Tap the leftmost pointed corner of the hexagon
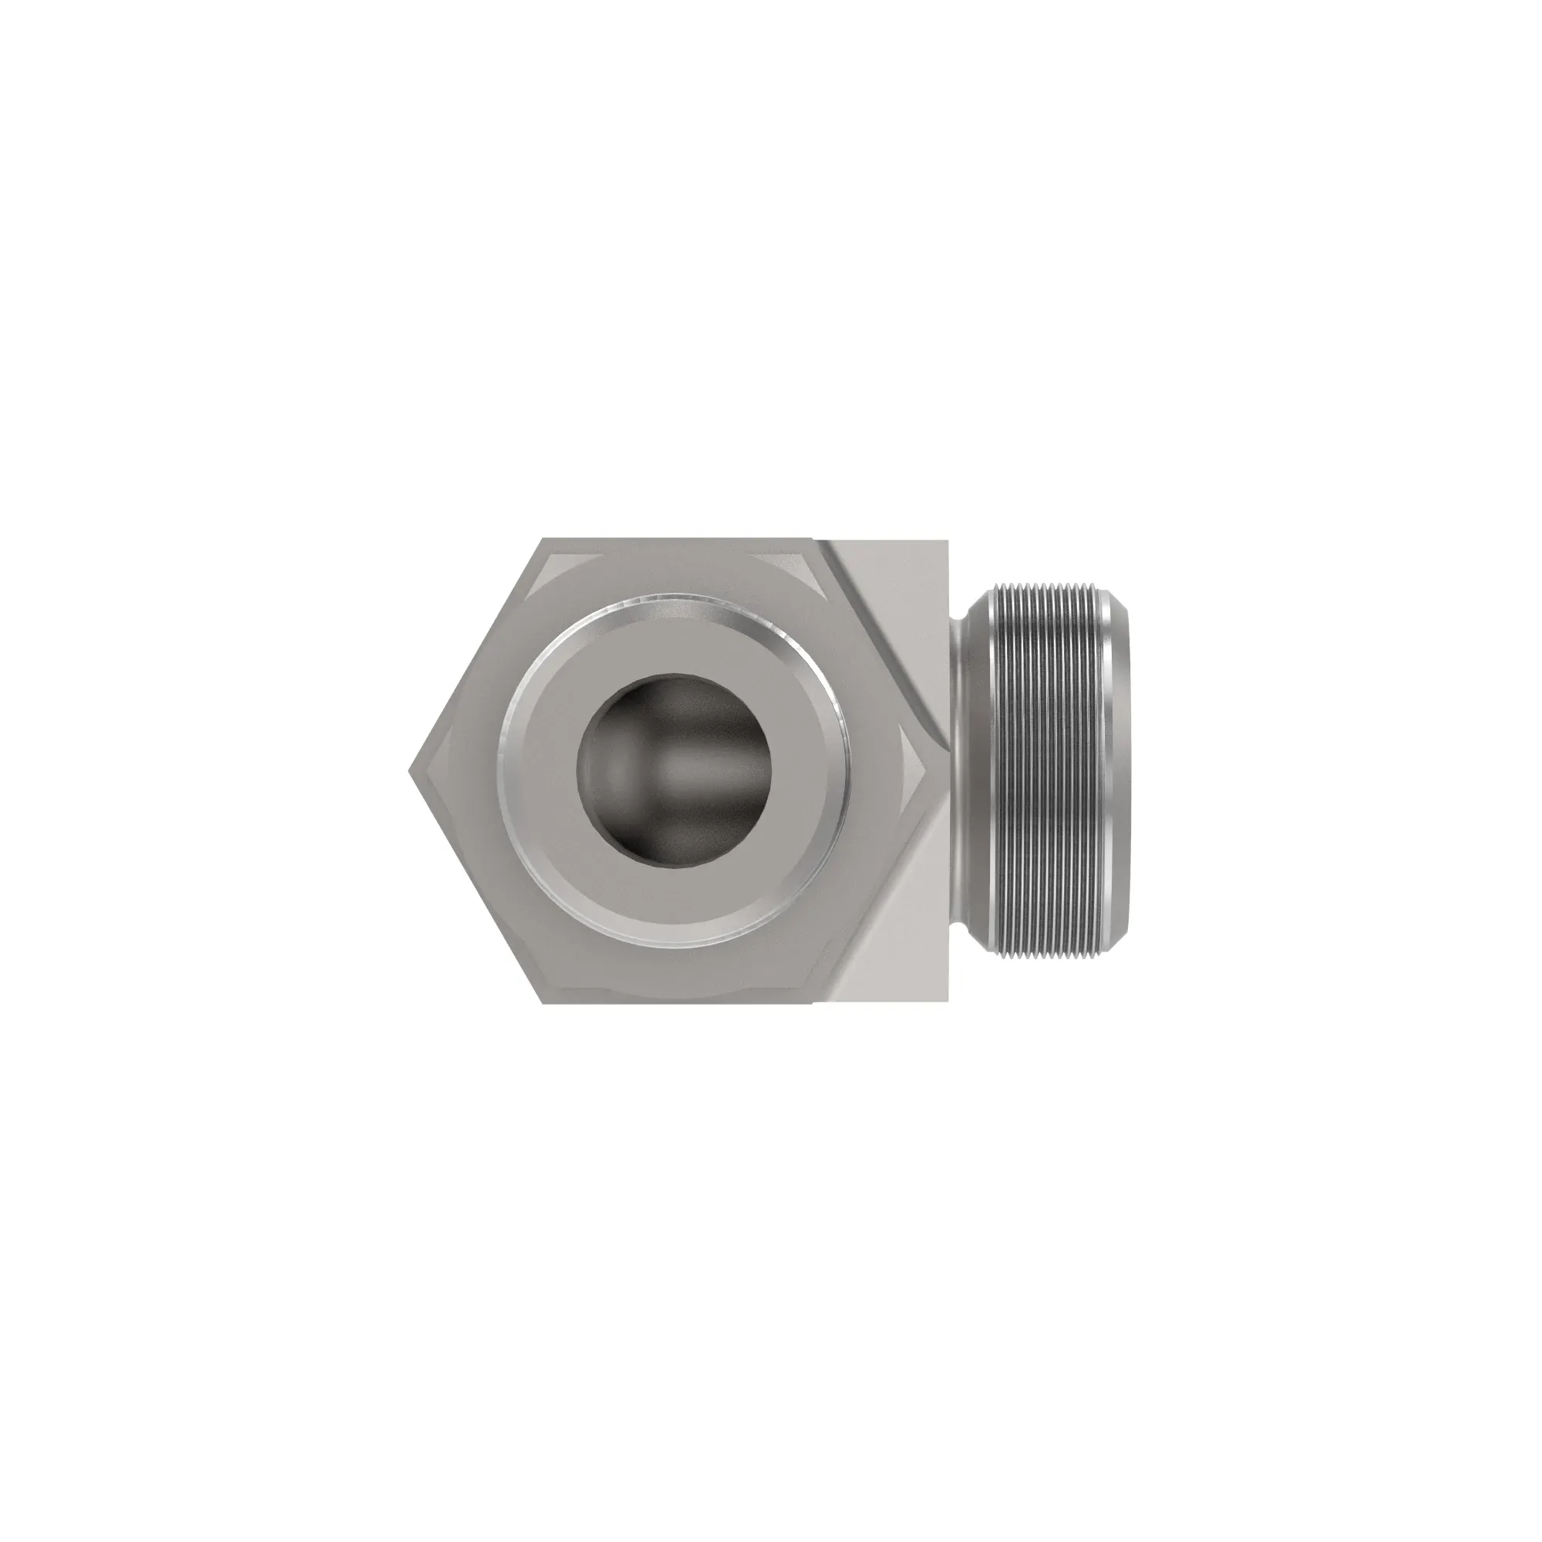point(409,771)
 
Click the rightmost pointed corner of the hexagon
point(938,771)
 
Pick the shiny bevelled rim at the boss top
point(675,600)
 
